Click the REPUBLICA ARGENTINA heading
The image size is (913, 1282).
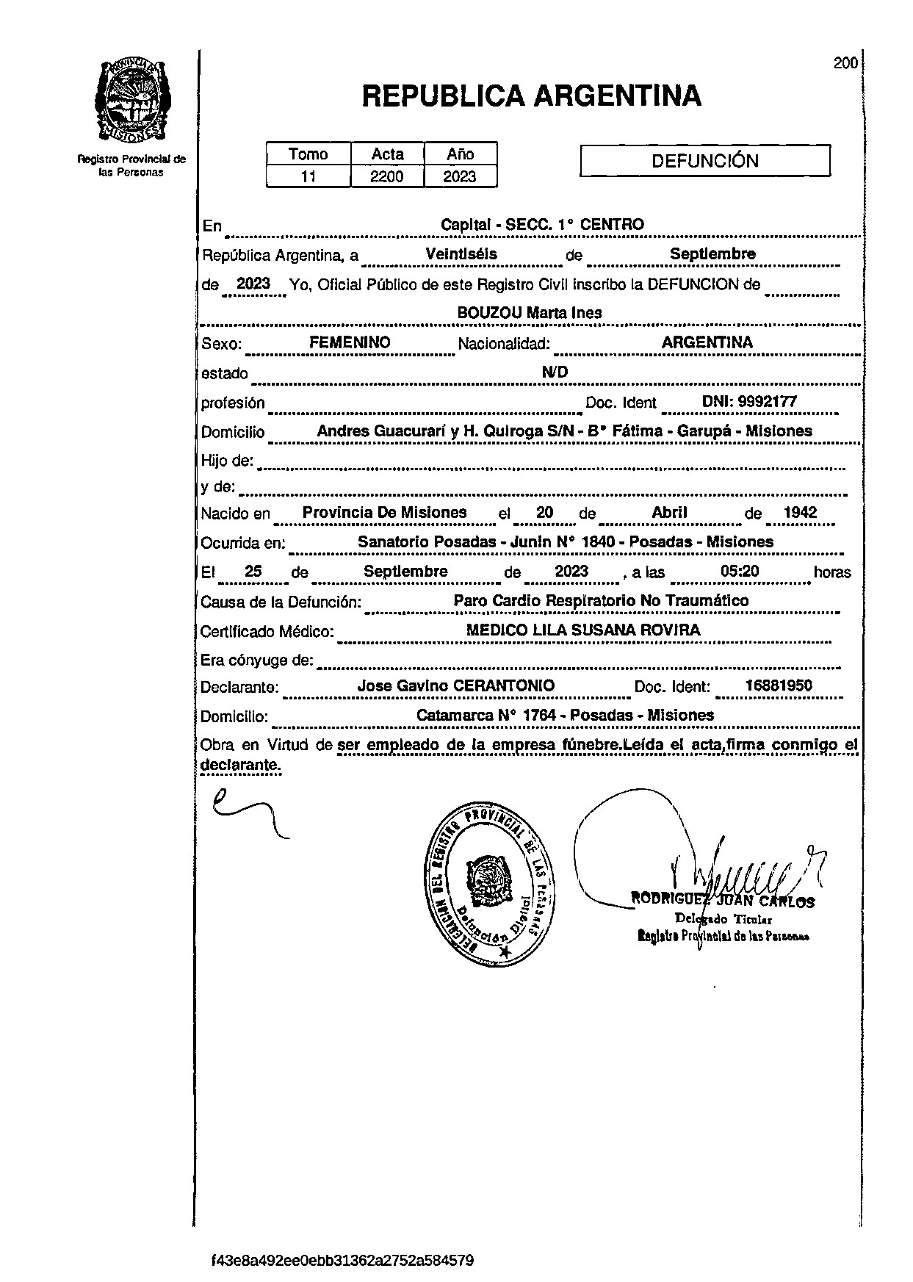coord(531,96)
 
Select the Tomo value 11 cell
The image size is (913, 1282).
coord(308,176)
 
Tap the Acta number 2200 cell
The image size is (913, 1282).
coord(386,176)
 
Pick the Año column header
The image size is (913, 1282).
coord(460,154)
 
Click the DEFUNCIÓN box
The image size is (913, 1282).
coord(704,161)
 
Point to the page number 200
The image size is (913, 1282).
coord(845,63)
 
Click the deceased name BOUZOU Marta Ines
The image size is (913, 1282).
coord(529,312)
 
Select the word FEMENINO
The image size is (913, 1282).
coord(350,342)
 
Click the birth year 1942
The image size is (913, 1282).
coord(800,513)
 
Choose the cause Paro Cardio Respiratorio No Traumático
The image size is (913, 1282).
coord(601,601)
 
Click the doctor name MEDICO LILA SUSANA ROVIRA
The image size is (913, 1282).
coord(583,630)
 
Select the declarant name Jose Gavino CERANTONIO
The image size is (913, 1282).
coord(455,685)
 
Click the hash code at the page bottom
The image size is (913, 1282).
coord(342,1261)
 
